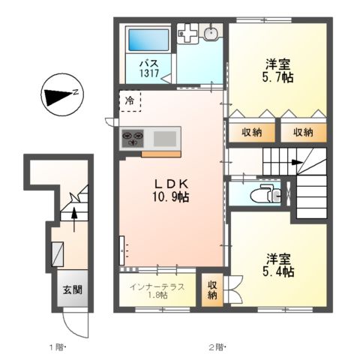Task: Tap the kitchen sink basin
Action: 165,138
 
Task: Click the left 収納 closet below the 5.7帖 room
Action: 252,132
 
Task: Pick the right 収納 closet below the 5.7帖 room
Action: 304,132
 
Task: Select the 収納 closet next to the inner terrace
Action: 212,289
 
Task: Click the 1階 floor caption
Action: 58,346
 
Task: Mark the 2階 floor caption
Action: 217,346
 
